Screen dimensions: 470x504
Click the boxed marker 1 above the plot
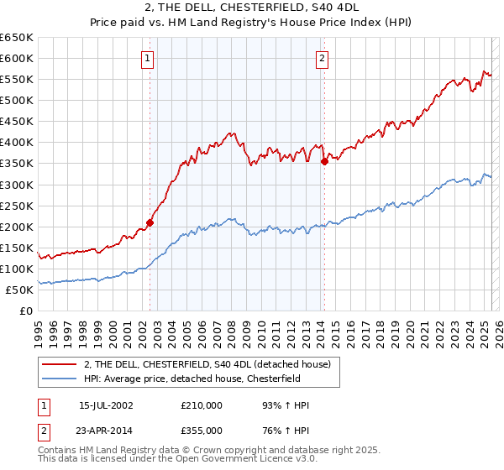[x=148, y=59]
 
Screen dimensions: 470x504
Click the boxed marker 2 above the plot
[x=323, y=59]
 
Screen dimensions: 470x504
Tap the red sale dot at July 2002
[x=150, y=222]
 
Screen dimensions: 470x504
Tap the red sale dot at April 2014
[x=324, y=161]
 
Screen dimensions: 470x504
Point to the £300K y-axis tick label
[x=17, y=185]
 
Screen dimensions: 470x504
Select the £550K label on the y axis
[x=17, y=79]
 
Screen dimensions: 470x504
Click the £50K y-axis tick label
[x=20, y=290]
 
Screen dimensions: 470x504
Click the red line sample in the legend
[x=59, y=364]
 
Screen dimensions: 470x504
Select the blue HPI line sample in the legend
[x=59, y=379]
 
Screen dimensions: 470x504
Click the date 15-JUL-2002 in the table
[x=106, y=405]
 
